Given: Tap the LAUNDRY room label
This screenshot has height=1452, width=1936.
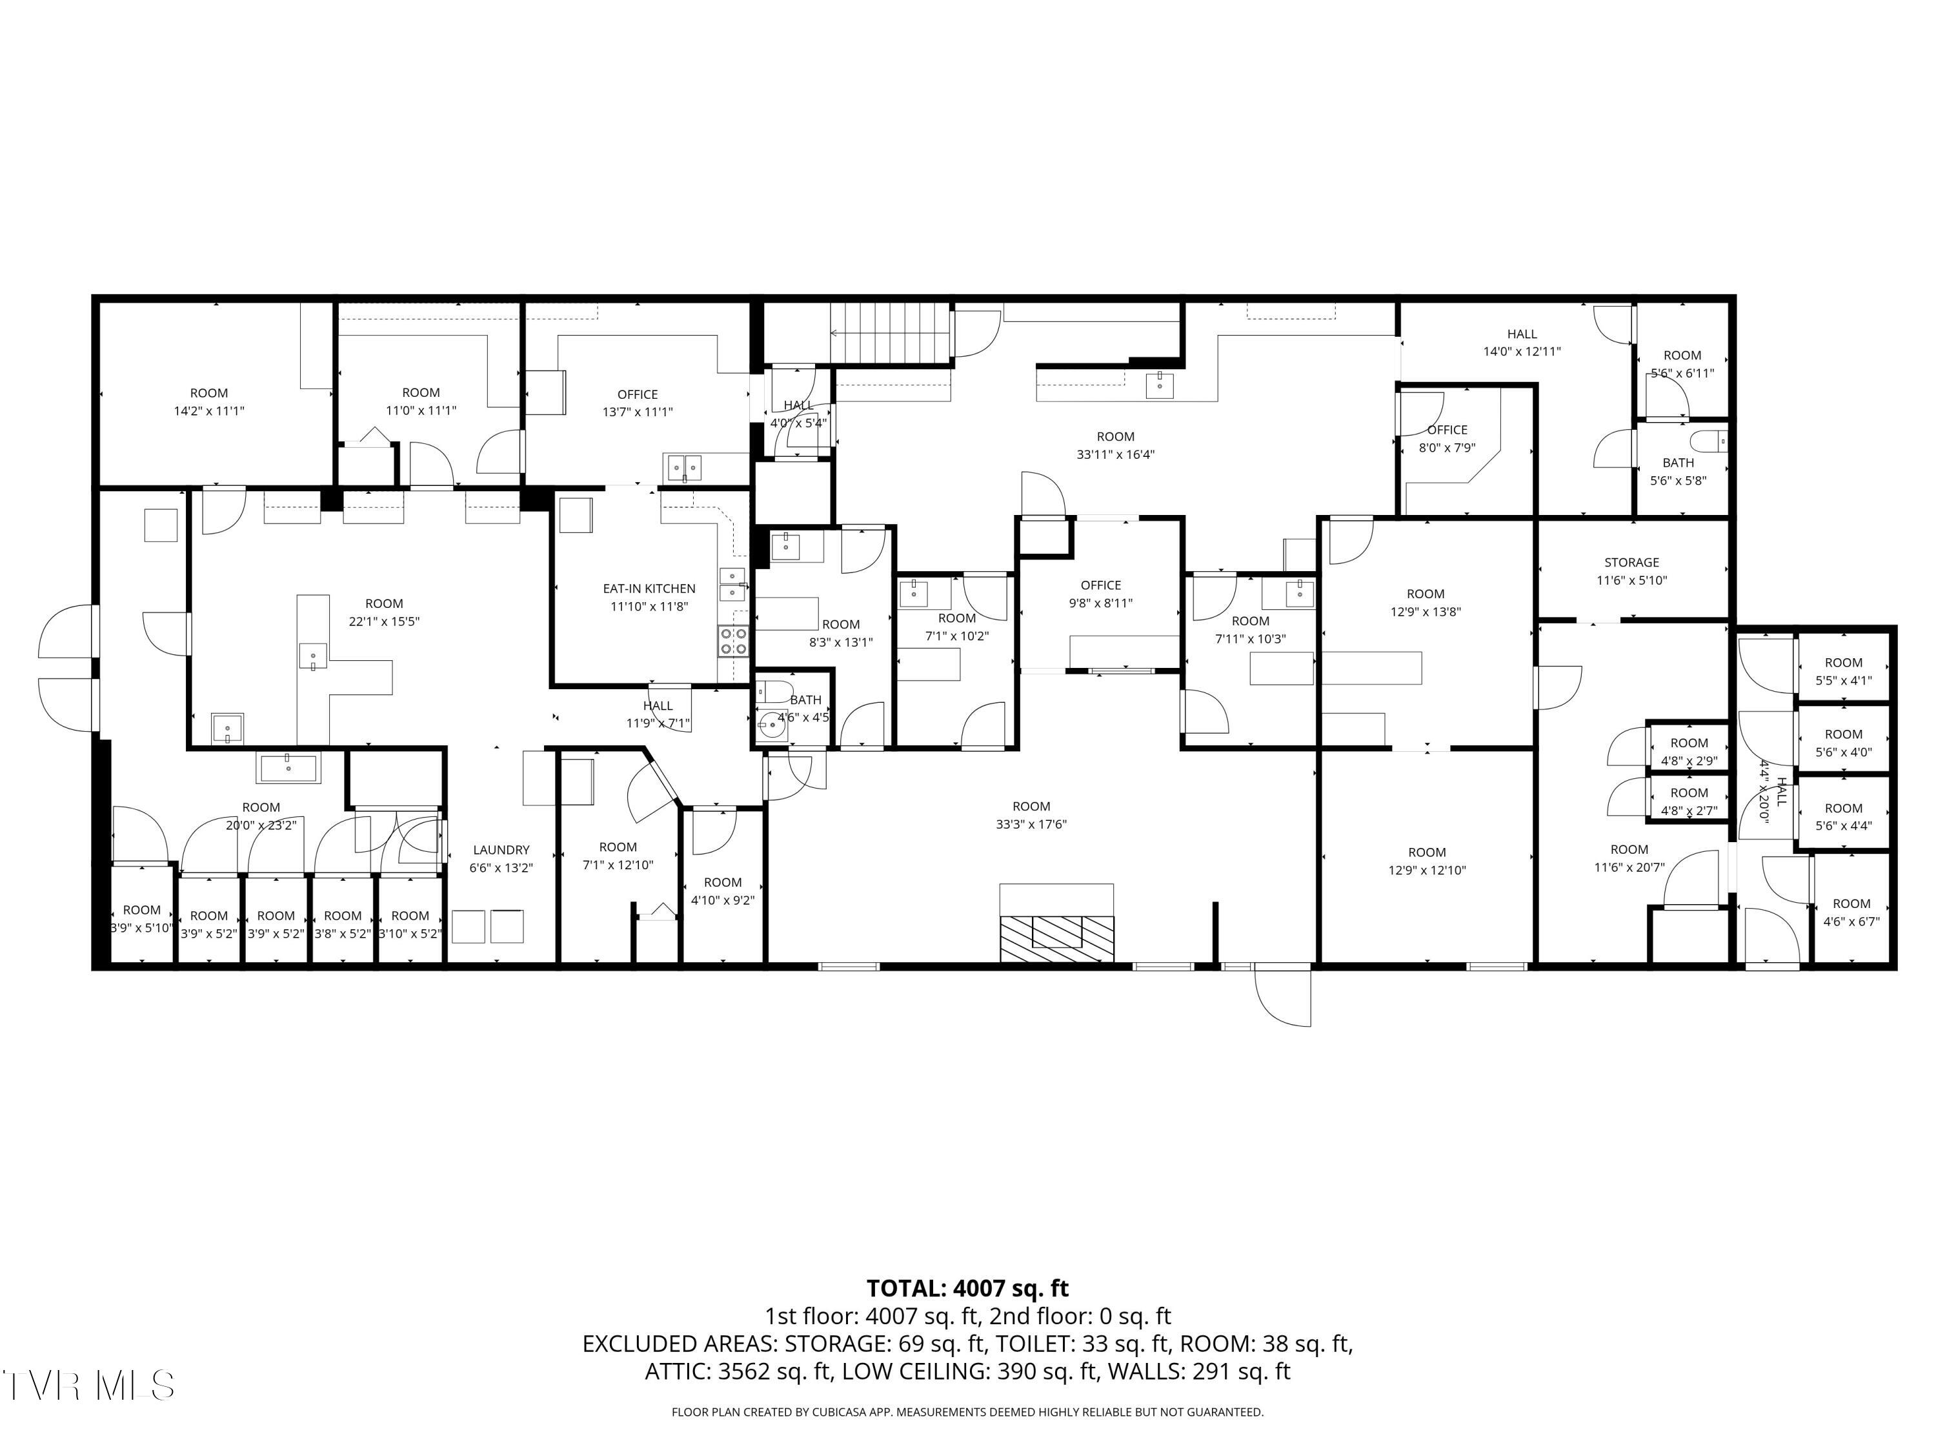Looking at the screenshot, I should pyautogui.click(x=501, y=850).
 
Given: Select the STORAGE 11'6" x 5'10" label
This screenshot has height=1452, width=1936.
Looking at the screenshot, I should pyautogui.click(x=1631, y=563).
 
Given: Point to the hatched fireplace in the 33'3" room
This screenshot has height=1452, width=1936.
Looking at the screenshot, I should pyautogui.click(x=1056, y=936).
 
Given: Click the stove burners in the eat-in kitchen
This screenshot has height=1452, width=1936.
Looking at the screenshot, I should pyautogui.click(x=734, y=641).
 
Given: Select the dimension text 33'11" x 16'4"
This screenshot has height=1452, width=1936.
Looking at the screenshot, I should pyautogui.click(x=1115, y=454).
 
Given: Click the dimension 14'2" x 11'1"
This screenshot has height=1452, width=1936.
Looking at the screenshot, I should pyautogui.click(x=208, y=410).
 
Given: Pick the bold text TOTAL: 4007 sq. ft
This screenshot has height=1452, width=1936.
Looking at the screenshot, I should pyautogui.click(x=967, y=1288).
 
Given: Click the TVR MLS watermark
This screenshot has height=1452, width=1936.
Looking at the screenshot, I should pyautogui.click(x=88, y=1386).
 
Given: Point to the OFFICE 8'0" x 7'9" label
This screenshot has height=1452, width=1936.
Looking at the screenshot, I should pyautogui.click(x=1447, y=430).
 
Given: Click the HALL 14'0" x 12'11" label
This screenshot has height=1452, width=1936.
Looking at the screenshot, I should pyautogui.click(x=1521, y=334).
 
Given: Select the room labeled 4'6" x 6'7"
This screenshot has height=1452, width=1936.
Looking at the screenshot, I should pyautogui.click(x=1851, y=911).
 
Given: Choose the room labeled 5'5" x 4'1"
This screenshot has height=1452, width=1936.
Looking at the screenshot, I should pyautogui.click(x=1843, y=671).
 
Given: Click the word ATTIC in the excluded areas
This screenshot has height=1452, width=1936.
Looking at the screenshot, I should pyautogui.click(x=678, y=1371).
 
